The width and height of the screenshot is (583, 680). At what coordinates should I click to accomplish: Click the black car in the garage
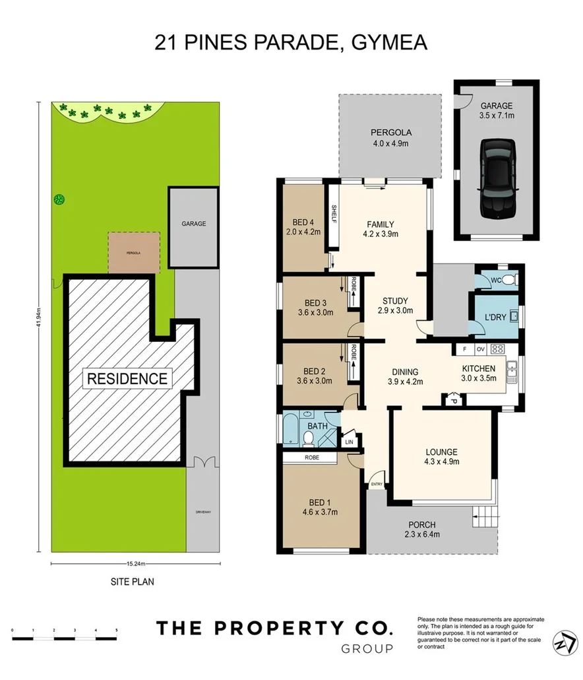pyautogui.click(x=496, y=178)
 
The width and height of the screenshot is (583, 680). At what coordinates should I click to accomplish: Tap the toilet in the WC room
pyautogui.click(x=513, y=281)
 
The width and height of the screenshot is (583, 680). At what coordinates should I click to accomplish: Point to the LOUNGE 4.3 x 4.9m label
pyautogui.click(x=442, y=456)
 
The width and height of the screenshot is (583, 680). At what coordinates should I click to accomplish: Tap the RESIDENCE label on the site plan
pyautogui.click(x=126, y=379)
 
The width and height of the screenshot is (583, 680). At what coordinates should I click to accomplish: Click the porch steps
pyautogui.click(x=483, y=516)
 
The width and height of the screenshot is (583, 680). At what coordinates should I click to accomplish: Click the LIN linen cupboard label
pyautogui.click(x=350, y=440)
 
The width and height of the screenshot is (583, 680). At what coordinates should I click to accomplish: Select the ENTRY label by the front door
pyautogui.click(x=377, y=484)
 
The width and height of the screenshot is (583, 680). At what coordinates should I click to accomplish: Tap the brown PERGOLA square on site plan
pyautogui.click(x=134, y=252)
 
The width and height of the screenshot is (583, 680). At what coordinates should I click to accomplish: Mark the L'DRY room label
pyautogui.click(x=495, y=317)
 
